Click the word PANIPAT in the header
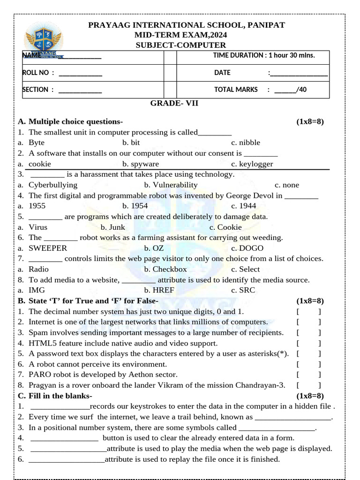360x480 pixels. [263, 25]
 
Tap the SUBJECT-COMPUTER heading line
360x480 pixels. [180, 45]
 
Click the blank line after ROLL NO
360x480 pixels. [80, 73]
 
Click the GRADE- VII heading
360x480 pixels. [174, 103]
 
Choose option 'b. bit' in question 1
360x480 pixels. [131, 142]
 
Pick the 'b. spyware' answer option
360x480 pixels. [141, 164]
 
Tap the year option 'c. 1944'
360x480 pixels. [243, 206]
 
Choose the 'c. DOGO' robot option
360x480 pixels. [247, 248]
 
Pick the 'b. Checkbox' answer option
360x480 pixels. [165, 269]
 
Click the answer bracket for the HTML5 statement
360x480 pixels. [308, 343]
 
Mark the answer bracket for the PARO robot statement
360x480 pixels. [308, 375]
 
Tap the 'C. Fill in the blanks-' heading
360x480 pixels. [55, 396]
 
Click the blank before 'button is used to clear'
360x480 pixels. [64, 438]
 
